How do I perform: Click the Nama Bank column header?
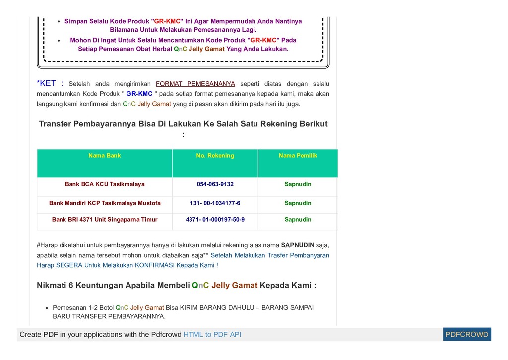coord(105,156)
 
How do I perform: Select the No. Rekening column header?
coord(215,156)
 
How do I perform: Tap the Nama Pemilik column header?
coord(298,156)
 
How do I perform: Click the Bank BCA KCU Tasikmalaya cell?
coord(105,184)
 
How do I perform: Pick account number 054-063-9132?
coord(215,184)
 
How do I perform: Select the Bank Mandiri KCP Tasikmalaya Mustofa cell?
coord(105,203)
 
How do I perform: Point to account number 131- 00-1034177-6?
coord(215,203)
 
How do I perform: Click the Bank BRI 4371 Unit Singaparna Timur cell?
coord(105,220)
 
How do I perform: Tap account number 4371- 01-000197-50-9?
coord(215,220)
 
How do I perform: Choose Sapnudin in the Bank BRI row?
coord(298,220)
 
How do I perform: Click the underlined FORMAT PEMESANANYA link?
coord(195,84)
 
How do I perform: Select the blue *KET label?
coord(46,83)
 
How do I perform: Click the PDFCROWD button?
coord(467,335)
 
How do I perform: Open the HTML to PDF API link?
coord(212,335)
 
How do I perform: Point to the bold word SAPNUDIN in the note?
coord(298,245)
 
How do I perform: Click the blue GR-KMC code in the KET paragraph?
coord(139,94)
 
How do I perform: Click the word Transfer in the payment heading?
coord(55,124)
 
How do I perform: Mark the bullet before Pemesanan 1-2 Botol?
coord(47,308)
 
